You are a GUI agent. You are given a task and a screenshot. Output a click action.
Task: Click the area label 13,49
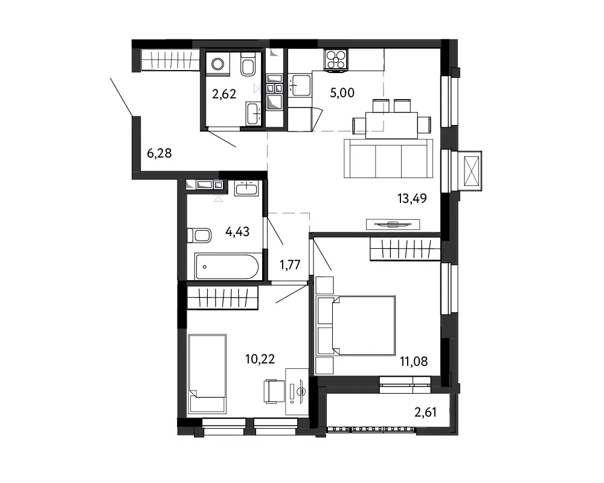tap(412, 199)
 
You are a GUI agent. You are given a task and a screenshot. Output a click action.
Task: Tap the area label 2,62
tap(224, 94)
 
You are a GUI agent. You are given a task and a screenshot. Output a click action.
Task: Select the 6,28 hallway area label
tap(159, 153)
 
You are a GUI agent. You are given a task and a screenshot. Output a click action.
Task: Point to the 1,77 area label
tap(290, 265)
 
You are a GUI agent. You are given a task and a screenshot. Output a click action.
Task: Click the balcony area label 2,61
tap(425, 412)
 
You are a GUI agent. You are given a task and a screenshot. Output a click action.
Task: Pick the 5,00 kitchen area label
tap(342, 93)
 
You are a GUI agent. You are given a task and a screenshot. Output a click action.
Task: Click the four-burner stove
tap(335, 60)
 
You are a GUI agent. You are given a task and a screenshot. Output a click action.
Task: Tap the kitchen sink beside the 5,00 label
tap(300, 85)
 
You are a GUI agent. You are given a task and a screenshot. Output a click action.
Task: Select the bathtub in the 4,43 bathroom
tap(226, 266)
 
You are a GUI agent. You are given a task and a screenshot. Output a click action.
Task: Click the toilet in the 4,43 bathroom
tap(199, 235)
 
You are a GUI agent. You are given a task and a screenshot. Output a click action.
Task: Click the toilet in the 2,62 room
tap(248, 64)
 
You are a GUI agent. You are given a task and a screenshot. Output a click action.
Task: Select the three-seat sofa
tap(388, 158)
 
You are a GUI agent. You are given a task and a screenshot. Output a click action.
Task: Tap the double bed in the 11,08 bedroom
tap(355, 325)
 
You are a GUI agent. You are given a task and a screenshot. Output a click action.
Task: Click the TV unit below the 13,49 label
tap(393, 224)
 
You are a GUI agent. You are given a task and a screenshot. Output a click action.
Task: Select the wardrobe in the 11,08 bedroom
tap(405, 249)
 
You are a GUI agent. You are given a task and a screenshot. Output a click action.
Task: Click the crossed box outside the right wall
tap(472, 171)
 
